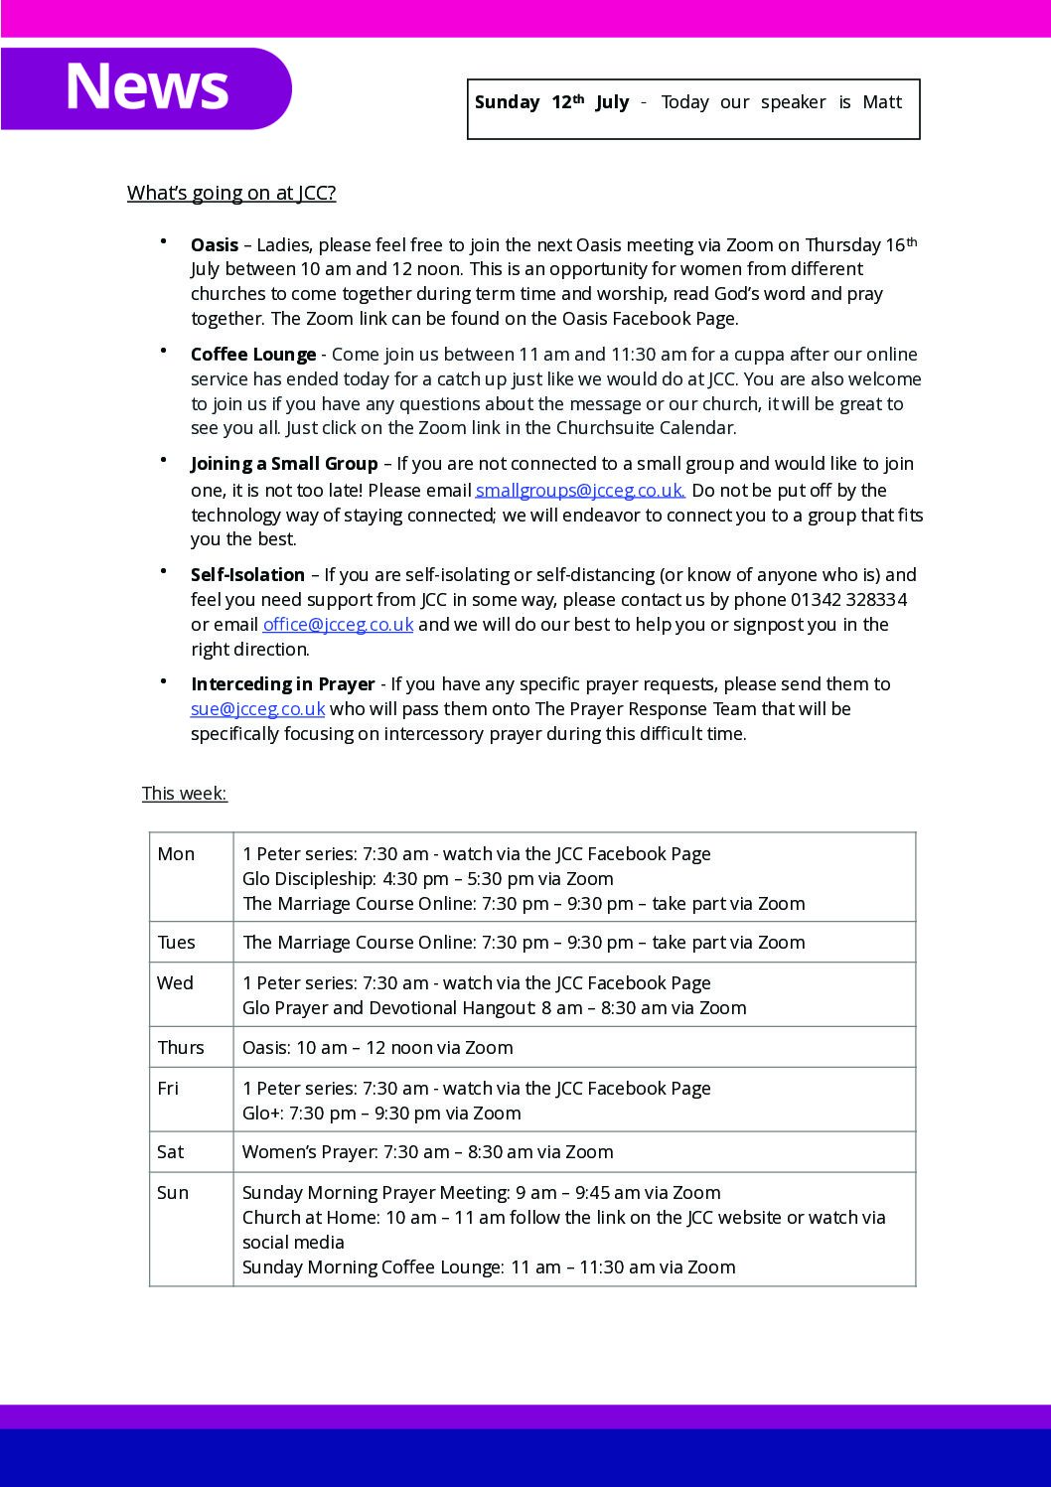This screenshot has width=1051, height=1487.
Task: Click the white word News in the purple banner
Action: (x=147, y=86)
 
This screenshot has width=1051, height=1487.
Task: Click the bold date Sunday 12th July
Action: (x=551, y=102)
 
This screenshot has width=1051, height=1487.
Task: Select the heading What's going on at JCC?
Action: (x=231, y=193)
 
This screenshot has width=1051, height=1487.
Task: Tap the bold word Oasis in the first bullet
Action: (x=215, y=245)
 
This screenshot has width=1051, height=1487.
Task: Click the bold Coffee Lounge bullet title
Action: (x=253, y=355)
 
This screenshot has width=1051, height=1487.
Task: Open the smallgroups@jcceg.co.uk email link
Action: (x=580, y=490)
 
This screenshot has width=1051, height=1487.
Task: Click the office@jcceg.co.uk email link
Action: (x=338, y=625)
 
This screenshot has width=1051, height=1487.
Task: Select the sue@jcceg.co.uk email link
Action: (x=257, y=709)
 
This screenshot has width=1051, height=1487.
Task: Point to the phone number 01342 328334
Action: (x=848, y=600)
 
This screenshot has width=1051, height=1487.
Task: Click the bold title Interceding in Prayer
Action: (x=282, y=684)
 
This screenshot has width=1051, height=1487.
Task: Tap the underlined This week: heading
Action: (x=185, y=794)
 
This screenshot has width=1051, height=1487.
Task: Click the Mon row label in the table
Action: (x=176, y=854)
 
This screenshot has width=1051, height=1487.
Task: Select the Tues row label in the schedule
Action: (x=177, y=943)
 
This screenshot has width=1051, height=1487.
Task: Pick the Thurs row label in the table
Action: (x=181, y=1048)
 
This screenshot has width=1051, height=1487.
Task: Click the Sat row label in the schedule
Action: (x=171, y=1152)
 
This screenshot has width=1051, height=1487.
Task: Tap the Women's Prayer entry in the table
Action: (x=427, y=1152)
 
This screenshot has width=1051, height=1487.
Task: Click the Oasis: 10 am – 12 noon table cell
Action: (x=377, y=1048)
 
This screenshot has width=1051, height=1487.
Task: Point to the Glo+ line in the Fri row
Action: (x=381, y=1114)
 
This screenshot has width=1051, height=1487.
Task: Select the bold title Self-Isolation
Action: (x=247, y=575)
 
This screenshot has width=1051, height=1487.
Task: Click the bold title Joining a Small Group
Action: (x=284, y=464)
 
